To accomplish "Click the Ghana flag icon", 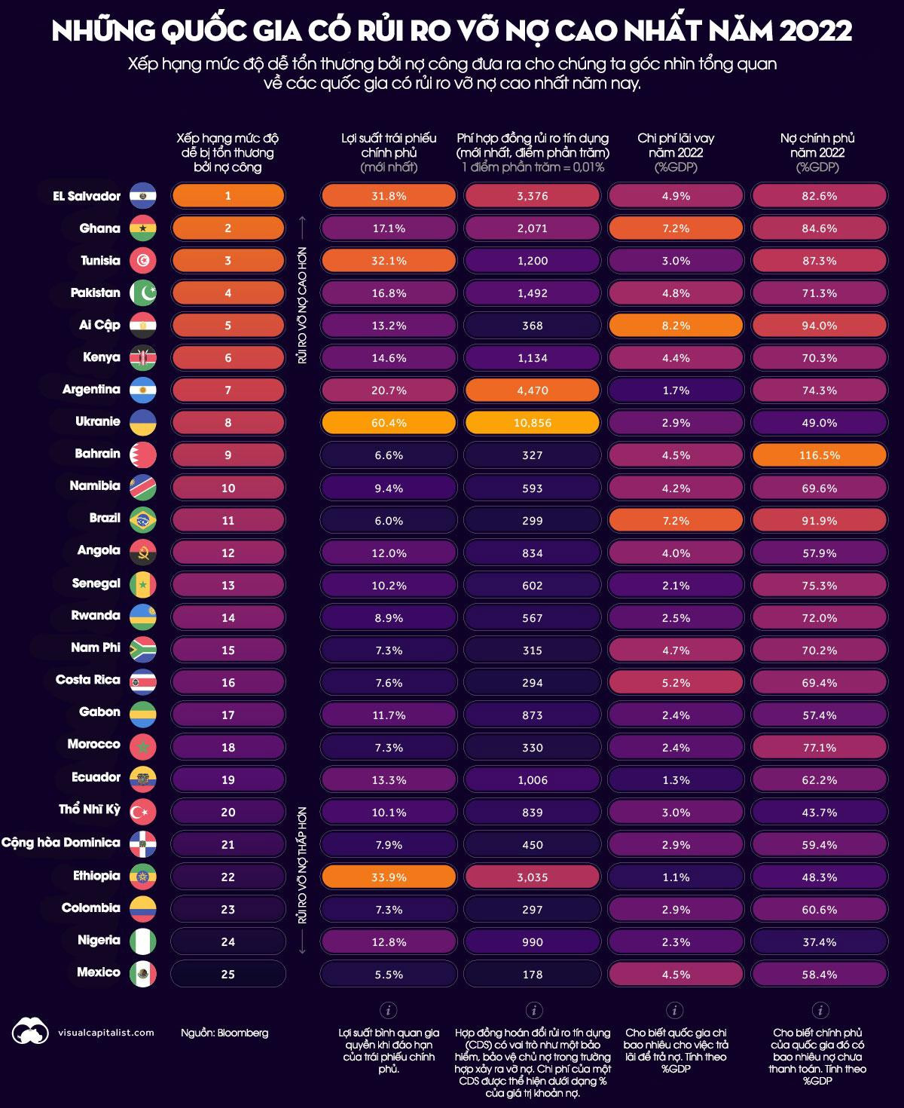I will (142, 228).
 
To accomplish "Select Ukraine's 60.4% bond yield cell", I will (389, 423).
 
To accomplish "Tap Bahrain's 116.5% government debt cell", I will (819, 455).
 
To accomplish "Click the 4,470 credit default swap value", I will (532, 390).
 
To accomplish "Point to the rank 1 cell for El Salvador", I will (228, 196).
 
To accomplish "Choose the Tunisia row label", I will (100, 261).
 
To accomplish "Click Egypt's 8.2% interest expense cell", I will (675, 326).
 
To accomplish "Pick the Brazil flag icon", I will (142, 520).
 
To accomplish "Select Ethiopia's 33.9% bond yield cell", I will (389, 877).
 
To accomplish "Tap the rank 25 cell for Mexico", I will (228, 974).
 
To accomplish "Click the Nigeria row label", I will (99, 940).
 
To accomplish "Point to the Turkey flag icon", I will (142, 812).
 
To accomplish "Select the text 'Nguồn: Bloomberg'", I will (224, 1033).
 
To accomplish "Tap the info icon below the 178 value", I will (533, 1010).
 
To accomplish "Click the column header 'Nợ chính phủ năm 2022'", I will (817, 152).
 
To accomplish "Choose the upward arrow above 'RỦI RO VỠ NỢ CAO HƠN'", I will (302, 226).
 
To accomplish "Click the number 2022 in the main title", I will (816, 31).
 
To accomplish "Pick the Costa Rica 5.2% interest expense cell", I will (675, 682).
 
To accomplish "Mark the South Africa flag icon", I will (142, 650).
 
